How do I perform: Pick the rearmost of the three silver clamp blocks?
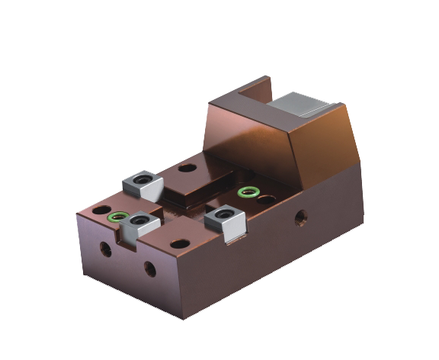(141, 183)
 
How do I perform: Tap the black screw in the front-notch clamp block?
(139, 222)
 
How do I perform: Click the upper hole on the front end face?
(101, 249)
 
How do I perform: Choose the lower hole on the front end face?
(150, 269)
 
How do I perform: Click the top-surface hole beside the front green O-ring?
(99, 208)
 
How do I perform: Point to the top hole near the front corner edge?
(178, 245)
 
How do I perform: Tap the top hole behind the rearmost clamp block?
(185, 168)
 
